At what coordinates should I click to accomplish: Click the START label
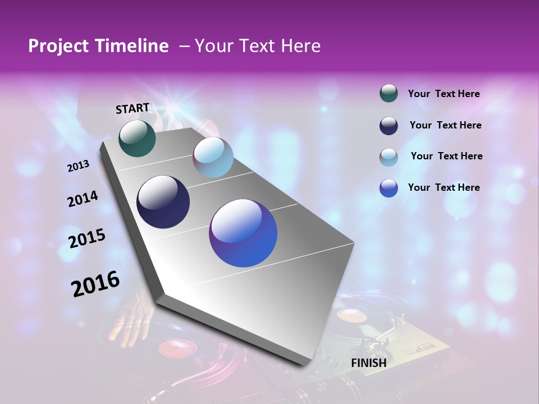click(x=133, y=108)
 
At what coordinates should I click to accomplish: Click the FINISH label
click(x=369, y=363)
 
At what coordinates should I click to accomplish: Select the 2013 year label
click(x=78, y=166)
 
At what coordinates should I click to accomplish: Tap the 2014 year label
click(x=83, y=199)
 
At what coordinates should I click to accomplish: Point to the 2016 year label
click(x=95, y=284)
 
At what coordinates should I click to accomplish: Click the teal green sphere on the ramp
click(x=137, y=138)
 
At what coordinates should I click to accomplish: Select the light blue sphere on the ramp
click(x=213, y=157)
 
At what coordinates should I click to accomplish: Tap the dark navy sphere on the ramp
click(x=163, y=202)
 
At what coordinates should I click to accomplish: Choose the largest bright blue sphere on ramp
click(x=243, y=233)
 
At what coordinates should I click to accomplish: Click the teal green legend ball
click(x=389, y=93)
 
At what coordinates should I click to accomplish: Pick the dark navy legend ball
click(x=389, y=125)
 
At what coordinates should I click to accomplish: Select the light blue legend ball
click(x=389, y=157)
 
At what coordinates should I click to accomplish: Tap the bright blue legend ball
click(x=389, y=188)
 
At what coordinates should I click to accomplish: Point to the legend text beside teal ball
click(x=444, y=94)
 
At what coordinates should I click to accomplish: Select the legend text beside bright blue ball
click(x=444, y=187)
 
